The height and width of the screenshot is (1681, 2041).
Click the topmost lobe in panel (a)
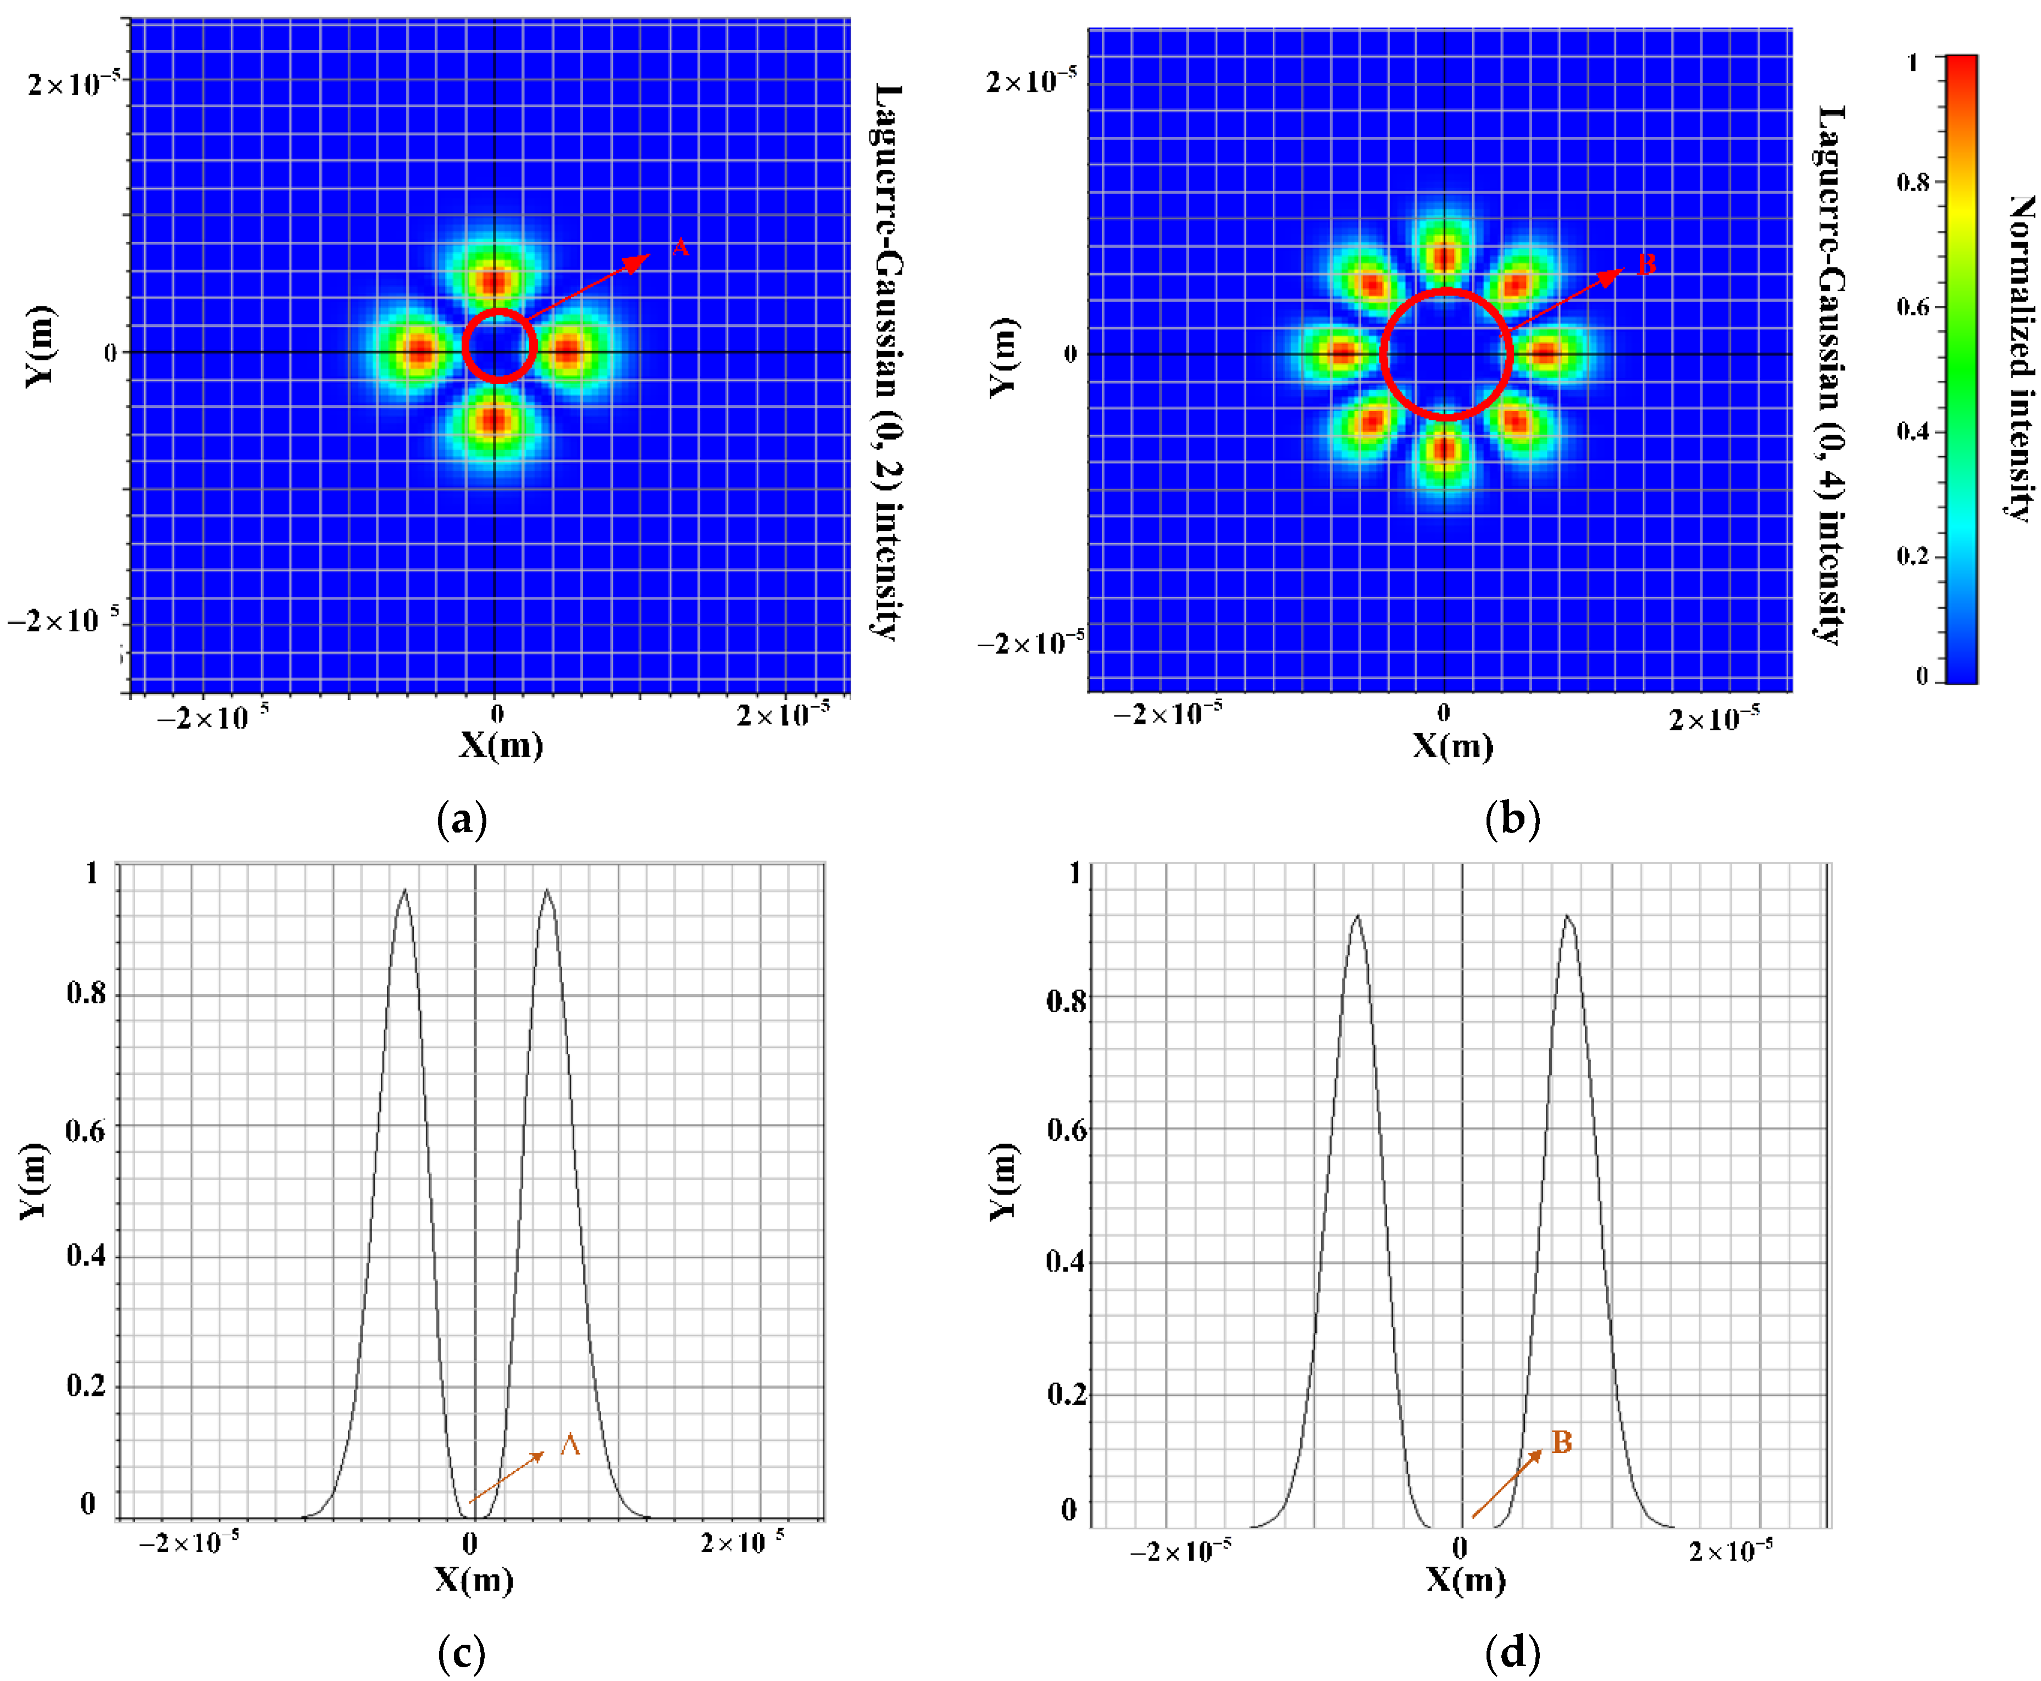495,281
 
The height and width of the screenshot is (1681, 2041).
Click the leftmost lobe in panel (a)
418,351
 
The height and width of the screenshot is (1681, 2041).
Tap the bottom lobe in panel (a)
495,420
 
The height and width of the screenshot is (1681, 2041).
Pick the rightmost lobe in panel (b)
1546,353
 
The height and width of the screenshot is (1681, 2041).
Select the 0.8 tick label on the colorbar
1912,182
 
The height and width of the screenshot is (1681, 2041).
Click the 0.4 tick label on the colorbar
1912,431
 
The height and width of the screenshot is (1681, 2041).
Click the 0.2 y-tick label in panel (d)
1066,1394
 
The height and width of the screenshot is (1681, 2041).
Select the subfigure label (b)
1511,819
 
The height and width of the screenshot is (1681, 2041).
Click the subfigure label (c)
462,1654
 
